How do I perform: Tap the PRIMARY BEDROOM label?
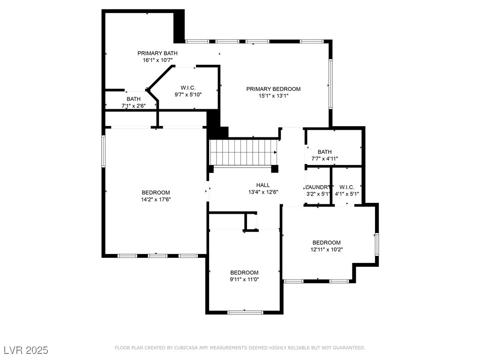(274, 89)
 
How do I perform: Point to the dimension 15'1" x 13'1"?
(274, 96)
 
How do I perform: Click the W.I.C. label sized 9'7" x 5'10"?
(188, 88)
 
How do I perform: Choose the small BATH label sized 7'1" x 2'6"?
(134, 99)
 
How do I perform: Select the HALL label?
(263, 185)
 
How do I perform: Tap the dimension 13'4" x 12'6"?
(263, 192)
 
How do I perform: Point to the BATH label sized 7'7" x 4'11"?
(324, 152)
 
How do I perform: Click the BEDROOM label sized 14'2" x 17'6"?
(156, 192)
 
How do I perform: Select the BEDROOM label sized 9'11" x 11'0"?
(244, 272)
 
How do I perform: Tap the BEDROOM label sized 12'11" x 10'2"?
(327, 242)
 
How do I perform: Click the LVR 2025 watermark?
(26, 350)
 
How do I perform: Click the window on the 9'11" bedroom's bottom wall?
(245, 312)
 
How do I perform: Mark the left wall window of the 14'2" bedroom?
(104, 151)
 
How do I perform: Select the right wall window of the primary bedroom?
(330, 83)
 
